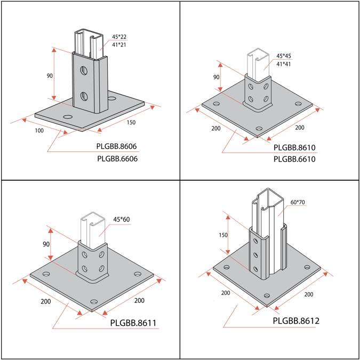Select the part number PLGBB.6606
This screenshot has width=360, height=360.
122,158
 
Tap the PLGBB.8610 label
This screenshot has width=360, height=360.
294,147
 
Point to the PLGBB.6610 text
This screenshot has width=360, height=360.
294,159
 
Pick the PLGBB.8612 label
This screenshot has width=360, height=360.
296,321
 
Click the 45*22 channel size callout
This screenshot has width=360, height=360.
119,37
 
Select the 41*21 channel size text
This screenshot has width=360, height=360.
119,45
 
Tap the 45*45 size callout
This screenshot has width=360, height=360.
283,56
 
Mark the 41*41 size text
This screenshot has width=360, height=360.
283,64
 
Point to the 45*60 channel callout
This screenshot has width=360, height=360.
122,219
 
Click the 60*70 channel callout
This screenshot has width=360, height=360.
298,203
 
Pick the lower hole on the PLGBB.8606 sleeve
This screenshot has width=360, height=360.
84,96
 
